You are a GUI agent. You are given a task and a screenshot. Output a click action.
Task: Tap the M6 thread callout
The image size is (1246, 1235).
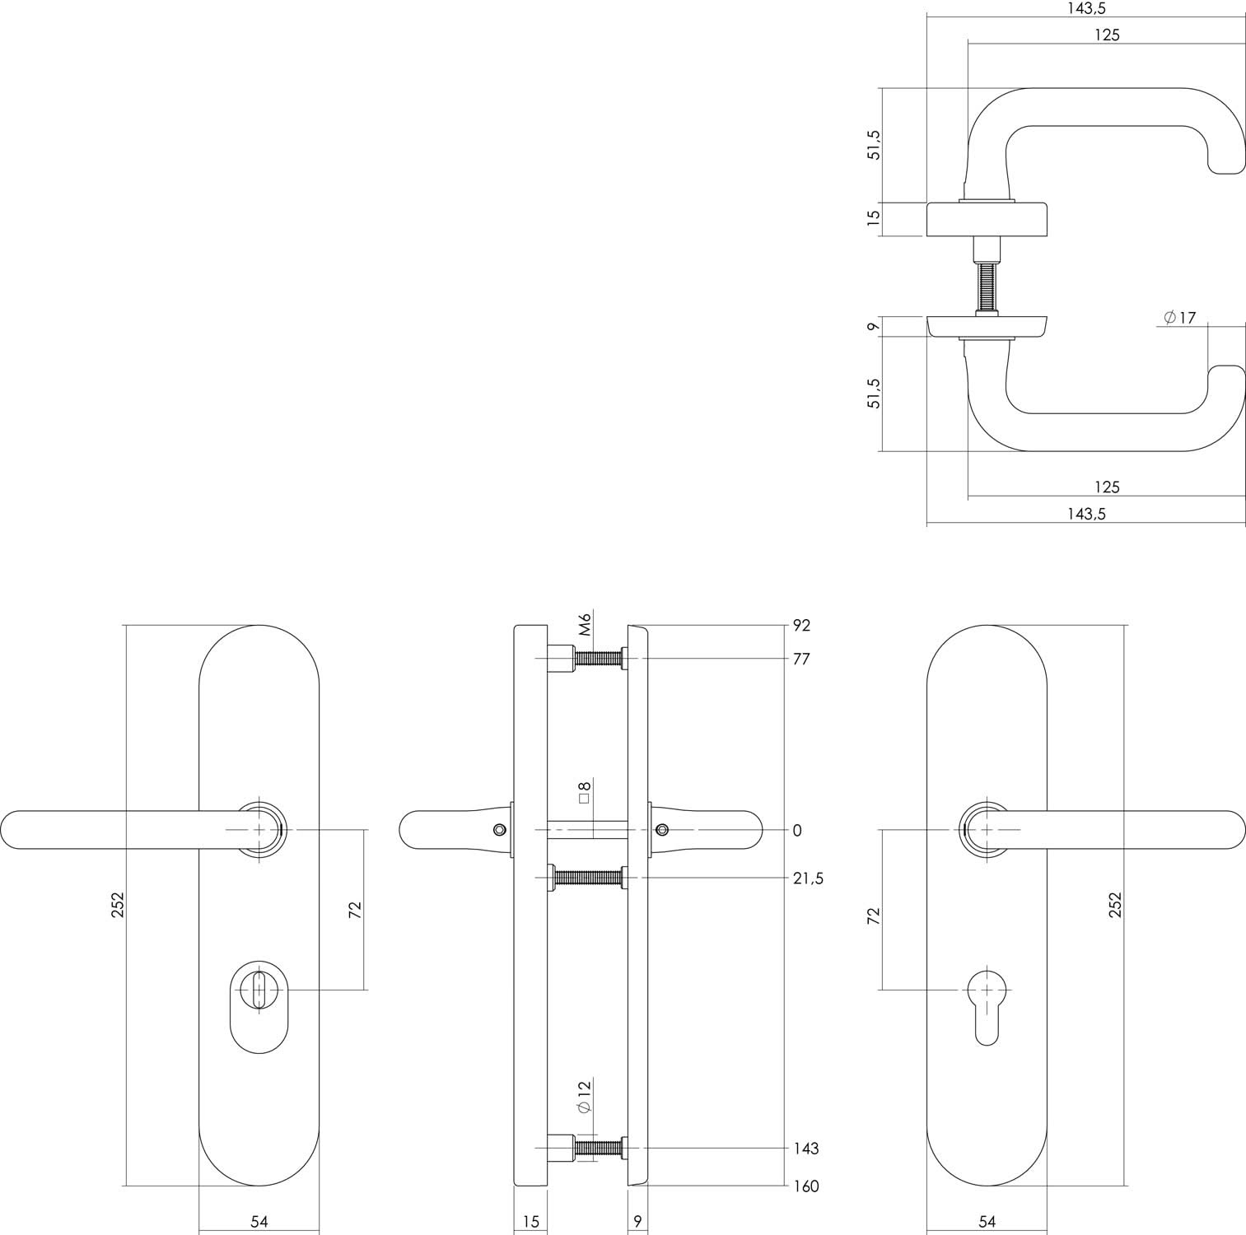point(586,624)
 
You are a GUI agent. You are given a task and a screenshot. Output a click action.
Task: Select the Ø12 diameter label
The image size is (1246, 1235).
point(585,1098)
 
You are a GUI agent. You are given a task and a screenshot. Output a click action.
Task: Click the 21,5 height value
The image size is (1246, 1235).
point(808,878)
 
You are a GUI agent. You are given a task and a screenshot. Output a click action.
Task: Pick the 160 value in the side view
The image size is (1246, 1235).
point(805,1186)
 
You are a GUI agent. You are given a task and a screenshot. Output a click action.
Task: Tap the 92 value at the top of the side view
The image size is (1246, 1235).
point(801,626)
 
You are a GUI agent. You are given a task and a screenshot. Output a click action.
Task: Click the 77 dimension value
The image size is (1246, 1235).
point(801,659)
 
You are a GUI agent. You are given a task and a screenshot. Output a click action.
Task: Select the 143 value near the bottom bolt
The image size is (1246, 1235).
point(805,1148)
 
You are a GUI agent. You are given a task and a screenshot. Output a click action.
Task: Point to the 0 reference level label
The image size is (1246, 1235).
point(797,831)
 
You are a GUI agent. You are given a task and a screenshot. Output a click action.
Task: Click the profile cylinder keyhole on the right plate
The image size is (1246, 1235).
point(986,1004)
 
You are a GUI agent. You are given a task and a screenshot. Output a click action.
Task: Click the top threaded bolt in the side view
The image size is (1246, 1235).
point(598,659)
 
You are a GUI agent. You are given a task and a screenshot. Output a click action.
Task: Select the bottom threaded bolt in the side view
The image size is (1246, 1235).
point(598,1148)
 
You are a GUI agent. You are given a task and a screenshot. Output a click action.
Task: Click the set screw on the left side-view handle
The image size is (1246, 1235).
point(498,829)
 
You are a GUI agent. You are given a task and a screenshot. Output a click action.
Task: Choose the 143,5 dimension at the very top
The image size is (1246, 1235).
point(1086,8)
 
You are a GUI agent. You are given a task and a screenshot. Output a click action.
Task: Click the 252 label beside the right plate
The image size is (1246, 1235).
point(1115,905)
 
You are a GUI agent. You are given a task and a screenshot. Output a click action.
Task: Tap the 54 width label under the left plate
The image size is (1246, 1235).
point(259,1222)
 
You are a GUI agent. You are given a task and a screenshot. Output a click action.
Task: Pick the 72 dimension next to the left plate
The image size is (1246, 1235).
point(355,910)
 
